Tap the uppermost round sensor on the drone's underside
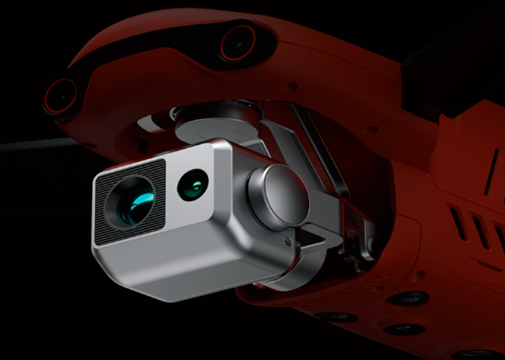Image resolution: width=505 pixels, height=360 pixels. pyautogui.click(x=407, y=298)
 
